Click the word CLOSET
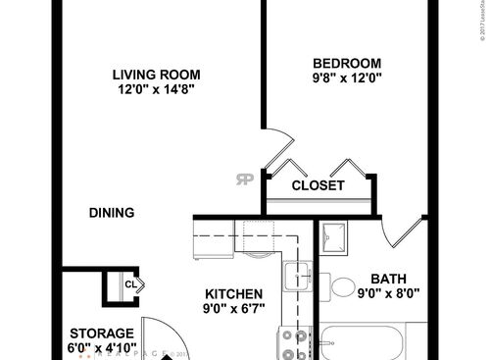[x=318, y=185]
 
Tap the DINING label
[x=111, y=213]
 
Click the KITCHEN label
[x=232, y=294]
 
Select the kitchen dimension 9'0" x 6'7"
[x=232, y=310]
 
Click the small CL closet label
[x=129, y=284]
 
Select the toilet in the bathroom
[x=342, y=287]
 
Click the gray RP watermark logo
[x=243, y=179]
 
